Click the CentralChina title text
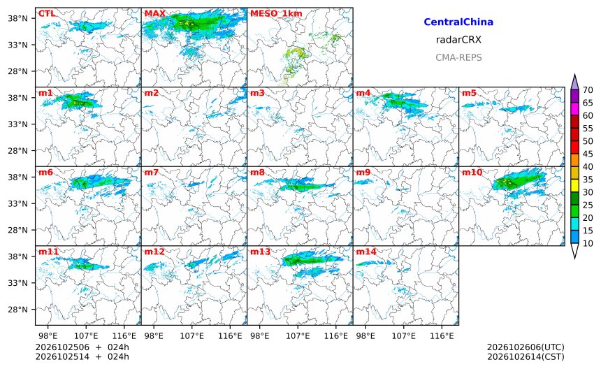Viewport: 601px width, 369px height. coord(458,22)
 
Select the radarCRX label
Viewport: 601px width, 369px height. coord(458,40)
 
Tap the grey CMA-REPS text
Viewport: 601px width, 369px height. coord(458,57)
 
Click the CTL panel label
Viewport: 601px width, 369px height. coord(47,14)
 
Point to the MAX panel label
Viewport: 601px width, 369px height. coord(155,14)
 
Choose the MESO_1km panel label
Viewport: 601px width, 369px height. coord(276,14)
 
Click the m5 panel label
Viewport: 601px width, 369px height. coord(469,93)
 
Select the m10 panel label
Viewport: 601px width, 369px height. coord(472,173)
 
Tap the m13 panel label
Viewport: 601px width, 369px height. coord(260,252)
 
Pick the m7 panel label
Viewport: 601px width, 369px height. coord(152,173)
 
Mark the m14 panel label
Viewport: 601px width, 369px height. coord(366,252)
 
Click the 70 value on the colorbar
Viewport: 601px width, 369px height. coord(588,90)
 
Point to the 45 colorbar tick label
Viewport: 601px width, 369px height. coord(588,154)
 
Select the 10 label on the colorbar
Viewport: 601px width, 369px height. coord(588,243)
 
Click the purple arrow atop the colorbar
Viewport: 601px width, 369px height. coord(574,82)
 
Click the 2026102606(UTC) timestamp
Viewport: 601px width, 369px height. coord(526,347)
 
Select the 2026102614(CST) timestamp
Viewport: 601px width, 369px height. coord(526,357)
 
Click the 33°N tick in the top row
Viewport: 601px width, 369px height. coord(17,45)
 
